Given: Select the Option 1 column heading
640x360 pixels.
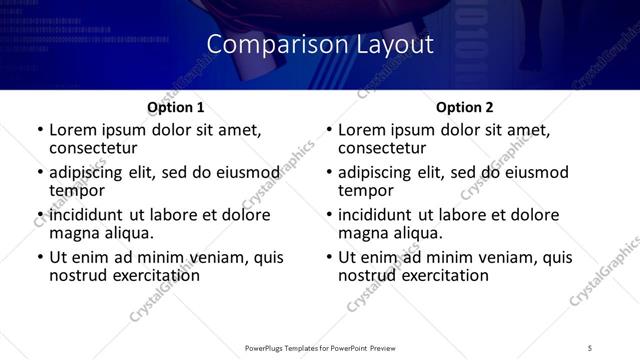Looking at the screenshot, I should coord(176,107).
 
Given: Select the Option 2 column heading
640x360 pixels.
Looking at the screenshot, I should coord(465,107).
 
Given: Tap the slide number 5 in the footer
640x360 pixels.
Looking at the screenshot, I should coord(590,347).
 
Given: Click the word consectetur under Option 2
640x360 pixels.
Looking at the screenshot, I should coord(388,148).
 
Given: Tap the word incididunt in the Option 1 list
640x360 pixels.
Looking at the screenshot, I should coord(86,215).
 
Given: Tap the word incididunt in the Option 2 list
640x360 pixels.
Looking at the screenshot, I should coord(375,215).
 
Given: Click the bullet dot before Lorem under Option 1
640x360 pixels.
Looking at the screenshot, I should coord(39,131).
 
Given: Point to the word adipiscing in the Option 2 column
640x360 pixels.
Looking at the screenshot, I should coord(378,172).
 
